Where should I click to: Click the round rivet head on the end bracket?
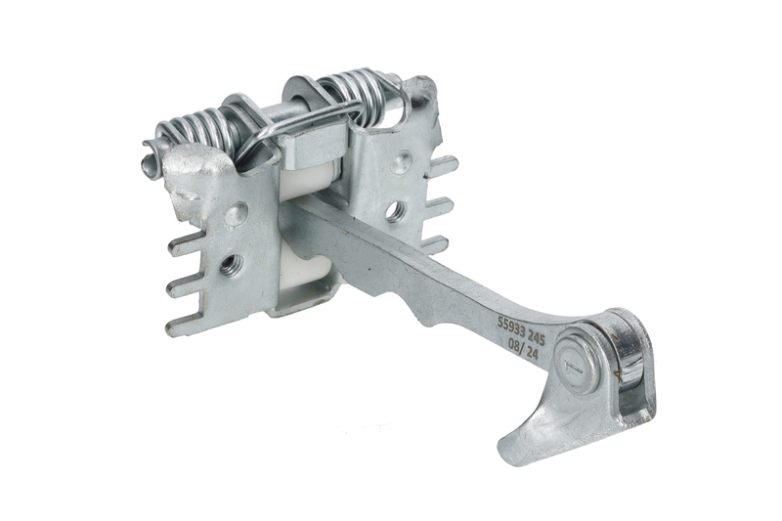click(x=579, y=360)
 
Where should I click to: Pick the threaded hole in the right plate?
click(x=398, y=209)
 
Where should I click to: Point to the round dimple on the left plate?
click(x=237, y=213)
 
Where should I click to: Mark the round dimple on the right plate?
click(x=401, y=162)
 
